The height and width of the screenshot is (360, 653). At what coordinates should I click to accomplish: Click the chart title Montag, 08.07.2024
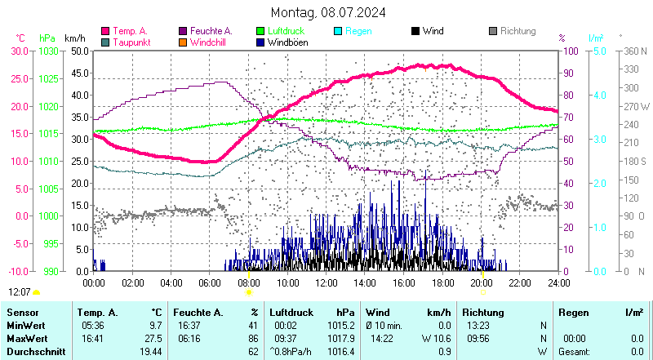pos(329,13)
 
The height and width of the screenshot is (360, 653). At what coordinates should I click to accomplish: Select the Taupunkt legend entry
pos(131,42)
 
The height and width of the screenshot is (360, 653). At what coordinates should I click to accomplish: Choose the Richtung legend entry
pos(518,31)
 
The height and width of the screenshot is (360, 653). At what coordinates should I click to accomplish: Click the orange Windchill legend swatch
pos(184,42)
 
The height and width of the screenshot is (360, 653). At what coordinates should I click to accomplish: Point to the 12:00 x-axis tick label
pos(326,282)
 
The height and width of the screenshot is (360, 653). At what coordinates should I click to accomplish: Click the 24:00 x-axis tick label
pos(558,282)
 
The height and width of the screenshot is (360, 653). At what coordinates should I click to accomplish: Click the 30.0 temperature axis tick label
pos(20,51)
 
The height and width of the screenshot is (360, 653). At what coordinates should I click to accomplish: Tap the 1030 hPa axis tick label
pos(48,51)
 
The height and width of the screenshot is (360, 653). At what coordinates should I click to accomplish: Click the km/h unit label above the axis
pos(74,38)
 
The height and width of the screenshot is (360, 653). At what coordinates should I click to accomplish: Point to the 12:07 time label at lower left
pos(20,291)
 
